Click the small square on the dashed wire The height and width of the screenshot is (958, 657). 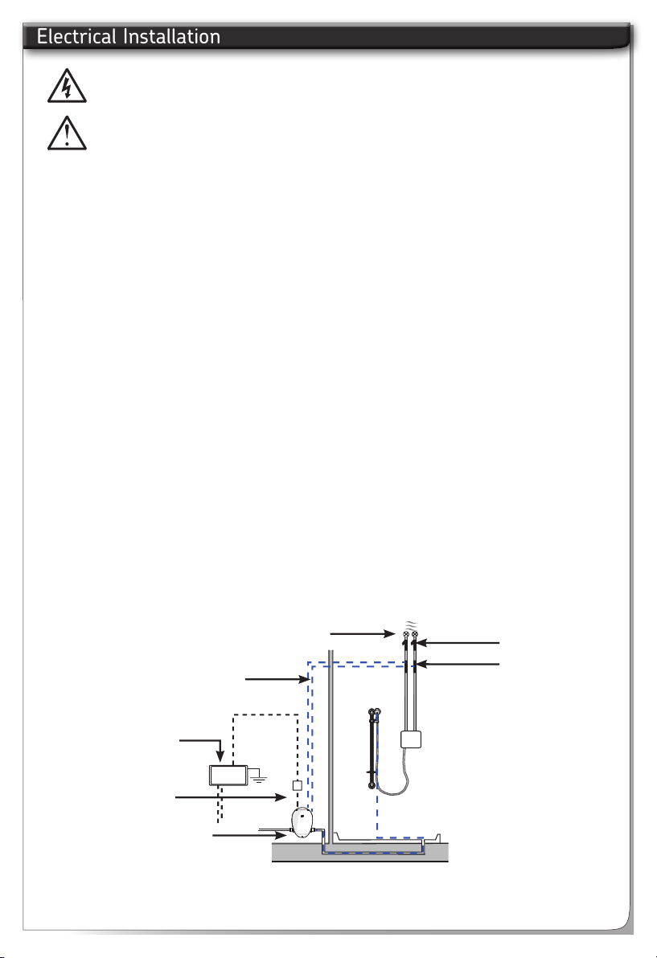pos(297,784)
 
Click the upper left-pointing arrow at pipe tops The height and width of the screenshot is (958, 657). pos(460,643)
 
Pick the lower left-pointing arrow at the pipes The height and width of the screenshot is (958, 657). pos(460,664)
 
